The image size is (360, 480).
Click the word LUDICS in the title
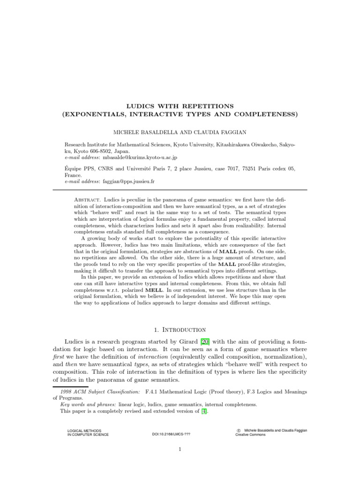click(142, 106)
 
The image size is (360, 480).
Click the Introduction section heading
click(184, 330)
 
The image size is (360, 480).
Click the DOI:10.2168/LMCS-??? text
click(171, 435)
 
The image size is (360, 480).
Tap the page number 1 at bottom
click(180, 463)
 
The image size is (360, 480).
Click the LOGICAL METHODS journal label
click(84, 430)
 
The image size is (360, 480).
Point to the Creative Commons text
click(250, 435)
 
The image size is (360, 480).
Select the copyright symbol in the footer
click(239, 430)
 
